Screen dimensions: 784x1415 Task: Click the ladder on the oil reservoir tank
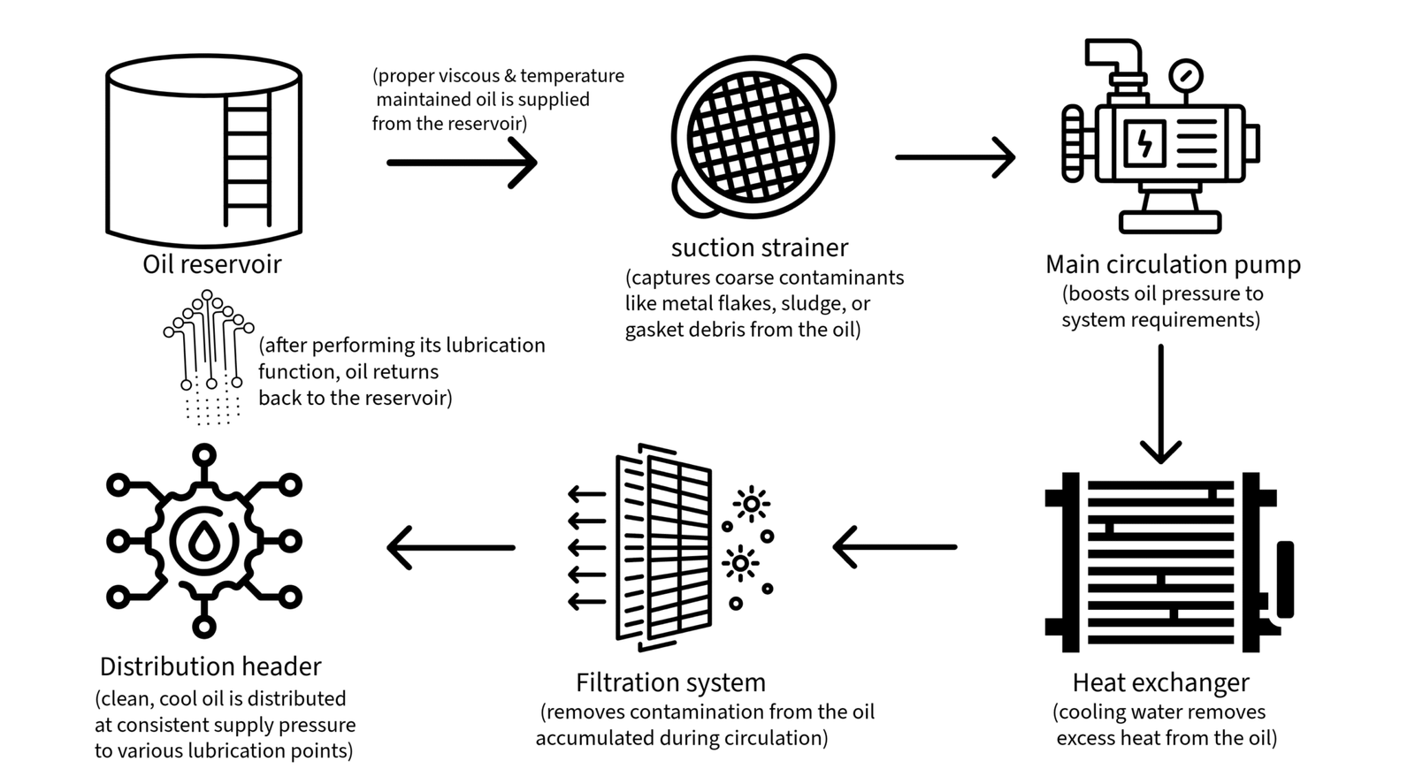pyautogui.click(x=247, y=158)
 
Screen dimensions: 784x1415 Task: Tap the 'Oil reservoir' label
pyautogui.click(x=211, y=264)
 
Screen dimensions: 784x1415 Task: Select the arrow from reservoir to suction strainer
pyautogui.click(x=462, y=163)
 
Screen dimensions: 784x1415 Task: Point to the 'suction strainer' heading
pyautogui.click(x=759, y=247)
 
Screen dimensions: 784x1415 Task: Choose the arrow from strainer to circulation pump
pyautogui.click(x=954, y=157)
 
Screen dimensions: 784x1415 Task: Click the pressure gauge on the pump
pyautogui.click(x=1185, y=76)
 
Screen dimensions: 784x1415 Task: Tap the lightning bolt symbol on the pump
pyautogui.click(x=1144, y=142)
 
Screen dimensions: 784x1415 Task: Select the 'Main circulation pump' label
pyautogui.click(x=1173, y=264)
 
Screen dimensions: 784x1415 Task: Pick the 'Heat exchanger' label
pyautogui.click(x=1160, y=682)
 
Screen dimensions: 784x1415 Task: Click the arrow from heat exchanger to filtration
pyautogui.click(x=894, y=547)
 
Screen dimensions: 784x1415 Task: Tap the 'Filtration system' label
pyautogui.click(x=670, y=682)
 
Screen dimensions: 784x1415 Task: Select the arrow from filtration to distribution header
pyautogui.click(x=451, y=547)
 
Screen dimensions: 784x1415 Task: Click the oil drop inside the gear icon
pyautogui.click(x=204, y=541)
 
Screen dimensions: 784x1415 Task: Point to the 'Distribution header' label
pyautogui.click(x=210, y=666)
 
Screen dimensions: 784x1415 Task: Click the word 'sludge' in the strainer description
pyautogui.click(x=812, y=304)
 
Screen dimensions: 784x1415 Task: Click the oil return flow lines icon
pyautogui.click(x=209, y=354)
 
